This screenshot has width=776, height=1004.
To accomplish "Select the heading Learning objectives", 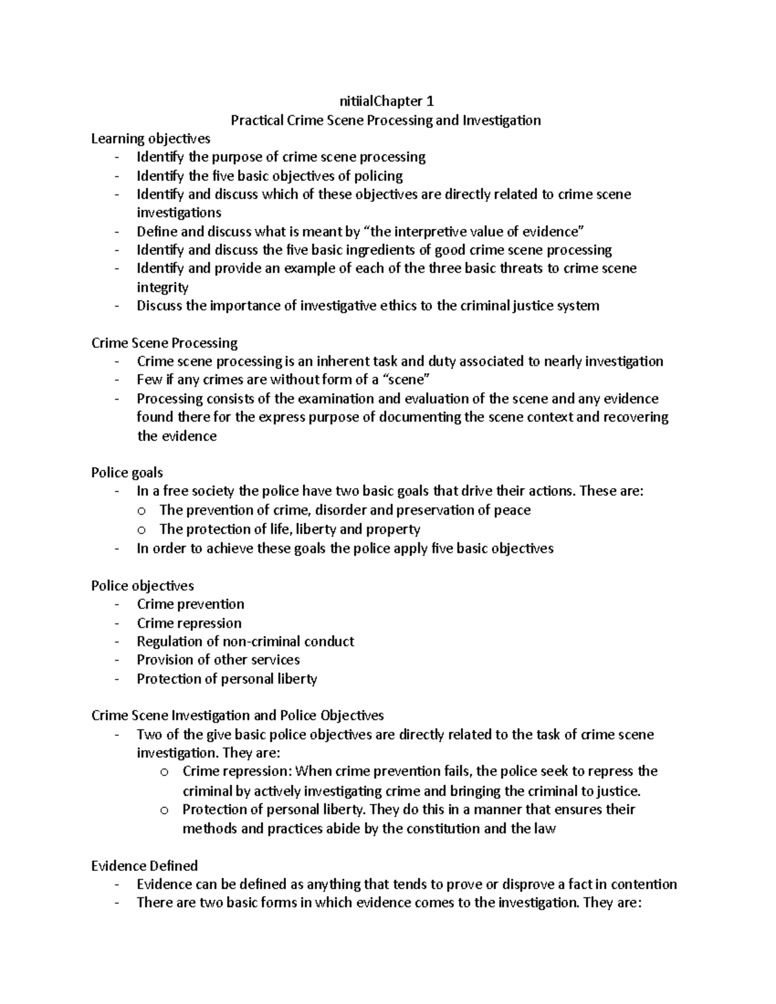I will click(x=151, y=138).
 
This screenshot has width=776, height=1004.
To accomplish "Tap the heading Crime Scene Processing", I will click(x=164, y=343).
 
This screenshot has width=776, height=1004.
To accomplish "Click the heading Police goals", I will click(x=127, y=473).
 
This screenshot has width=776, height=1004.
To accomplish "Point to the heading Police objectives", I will click(x=142, y=586).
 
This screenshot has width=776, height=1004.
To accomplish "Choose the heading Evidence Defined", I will click(x=144, y=866).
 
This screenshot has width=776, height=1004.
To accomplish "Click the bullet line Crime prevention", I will click(x=190, y=604).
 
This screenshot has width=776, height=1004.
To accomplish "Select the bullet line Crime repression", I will click(x=189, y=623).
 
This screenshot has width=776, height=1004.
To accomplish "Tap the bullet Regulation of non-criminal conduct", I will click(x=245, y=641).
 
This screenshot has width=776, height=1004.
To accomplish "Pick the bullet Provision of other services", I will click(x=218, y=660).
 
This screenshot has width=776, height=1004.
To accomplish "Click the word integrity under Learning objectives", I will click(x=162, y=287).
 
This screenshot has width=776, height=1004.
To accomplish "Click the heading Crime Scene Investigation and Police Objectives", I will click(x=237, y=716).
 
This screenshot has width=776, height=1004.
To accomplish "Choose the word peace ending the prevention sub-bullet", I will click(x=512, y=510).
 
